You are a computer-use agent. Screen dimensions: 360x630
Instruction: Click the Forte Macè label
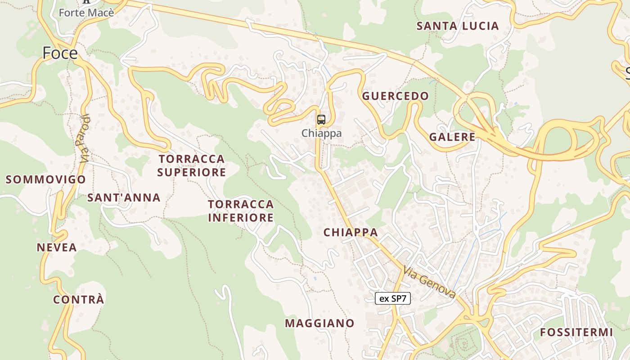pyautogui.click(x=86, y=13)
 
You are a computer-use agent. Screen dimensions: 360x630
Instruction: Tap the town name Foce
pyautogui.click(x=60, y=53)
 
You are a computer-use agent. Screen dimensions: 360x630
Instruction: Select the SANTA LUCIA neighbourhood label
pyautogui.click(x=458, y=26)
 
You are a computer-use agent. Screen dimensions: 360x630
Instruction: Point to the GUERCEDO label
pyautogui.click(x=395, y=96)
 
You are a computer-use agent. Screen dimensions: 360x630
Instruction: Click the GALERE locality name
pyautogui.click(x=452, y=137)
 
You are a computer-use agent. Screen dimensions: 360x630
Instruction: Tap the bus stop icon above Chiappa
pyautogui.click(x=321, y=120)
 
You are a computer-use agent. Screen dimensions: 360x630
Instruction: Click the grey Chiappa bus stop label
pyautogui.click(x=321, y=133)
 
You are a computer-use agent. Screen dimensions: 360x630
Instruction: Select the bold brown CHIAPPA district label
pyautogui.click(x=351, y=232)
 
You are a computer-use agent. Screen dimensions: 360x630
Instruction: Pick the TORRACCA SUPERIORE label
pyautogui.click(x=191, y=165)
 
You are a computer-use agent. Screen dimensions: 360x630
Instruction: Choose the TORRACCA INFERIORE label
pyautogui.click(x=241, y=211)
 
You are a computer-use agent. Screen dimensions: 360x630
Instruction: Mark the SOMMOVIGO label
pyautogui.click(x=45, y=180)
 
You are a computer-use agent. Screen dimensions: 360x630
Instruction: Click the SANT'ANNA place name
pyautogui.click(x=124, y=198)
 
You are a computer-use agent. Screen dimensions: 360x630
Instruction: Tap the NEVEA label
pyautogui.click(x=57, y=247)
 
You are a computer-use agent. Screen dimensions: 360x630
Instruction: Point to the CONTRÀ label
pyautogui.click(x=79, y=299)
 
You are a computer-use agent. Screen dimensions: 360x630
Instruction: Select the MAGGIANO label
pyautogui.click(x=319, y=323)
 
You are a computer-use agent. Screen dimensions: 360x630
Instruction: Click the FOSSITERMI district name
pyautogui.click(x=576, y=333)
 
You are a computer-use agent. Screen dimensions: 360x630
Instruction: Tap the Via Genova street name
pyautogui.click(x=429, y=282)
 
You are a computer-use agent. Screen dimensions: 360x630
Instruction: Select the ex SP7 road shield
pyautogui.click(x=393, y=298)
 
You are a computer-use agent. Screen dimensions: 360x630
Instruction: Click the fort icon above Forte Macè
pyautogui.click(x=86, y=1)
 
